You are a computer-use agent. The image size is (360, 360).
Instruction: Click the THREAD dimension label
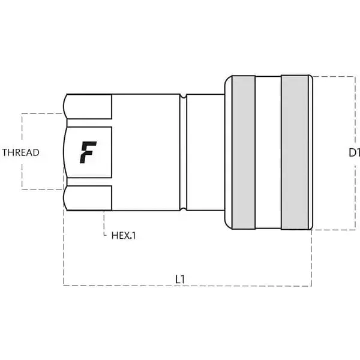coord(21,152)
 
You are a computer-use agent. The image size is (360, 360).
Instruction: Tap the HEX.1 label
coord(124,236)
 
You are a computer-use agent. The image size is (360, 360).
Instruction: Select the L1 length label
coord(180,280)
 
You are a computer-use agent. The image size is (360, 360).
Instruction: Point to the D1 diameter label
coord(354,152)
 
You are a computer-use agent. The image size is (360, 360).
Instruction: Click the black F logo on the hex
coord(88,152)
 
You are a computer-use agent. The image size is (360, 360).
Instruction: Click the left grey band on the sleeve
coord(244,152)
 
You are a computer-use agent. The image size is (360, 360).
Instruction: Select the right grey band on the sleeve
coord(295,152)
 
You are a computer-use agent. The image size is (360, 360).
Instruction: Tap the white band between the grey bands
coord(268,152)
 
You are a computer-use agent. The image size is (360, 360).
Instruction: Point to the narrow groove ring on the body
coord(183,152)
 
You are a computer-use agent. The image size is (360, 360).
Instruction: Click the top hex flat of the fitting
coord(88,107)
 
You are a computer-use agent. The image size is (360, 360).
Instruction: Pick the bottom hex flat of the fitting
coord(88,198)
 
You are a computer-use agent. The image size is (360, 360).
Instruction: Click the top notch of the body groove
coord(183,96)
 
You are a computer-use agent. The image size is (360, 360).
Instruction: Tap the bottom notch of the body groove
coord(183,209)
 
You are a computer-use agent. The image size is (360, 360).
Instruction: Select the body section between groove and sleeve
coord(206,152)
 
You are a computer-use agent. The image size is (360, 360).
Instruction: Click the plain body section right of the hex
coord(146,152)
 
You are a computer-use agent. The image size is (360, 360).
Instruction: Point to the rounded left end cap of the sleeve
coord(228,152)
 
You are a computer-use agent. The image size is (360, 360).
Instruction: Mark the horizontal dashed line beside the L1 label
coord(187,286)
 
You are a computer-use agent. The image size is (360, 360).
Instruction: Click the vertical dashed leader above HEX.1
coord(104,223)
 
